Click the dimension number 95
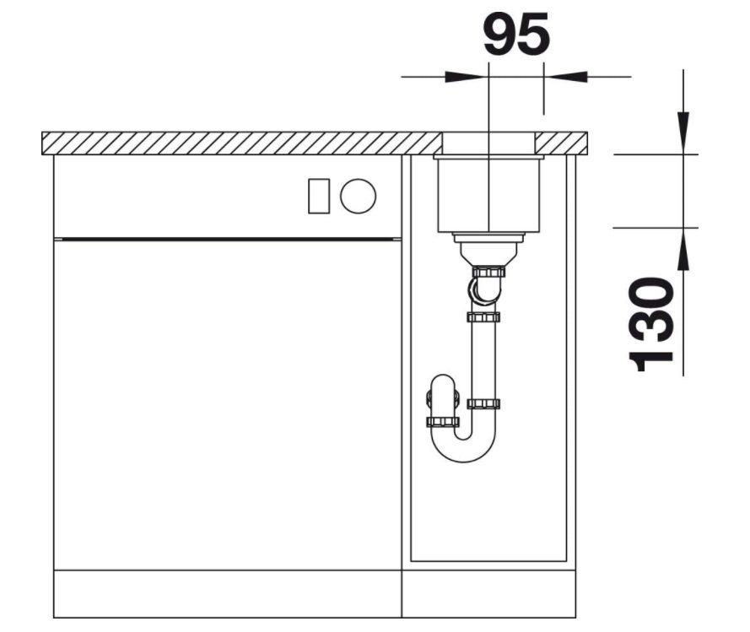pyautogui.click(x=516, y=34)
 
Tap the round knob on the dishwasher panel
pyautogui.click(x=359, y=196)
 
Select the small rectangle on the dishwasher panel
pyautogui.click(x=319, y=196)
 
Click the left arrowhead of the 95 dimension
pyautogui.click(x=467, y=77)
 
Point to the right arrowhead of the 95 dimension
pyautogui.click(x=566, y=77)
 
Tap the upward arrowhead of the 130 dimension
pyautogui.click(x=683, y=250)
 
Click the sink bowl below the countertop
pyautogui.click(x=488, y=194)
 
